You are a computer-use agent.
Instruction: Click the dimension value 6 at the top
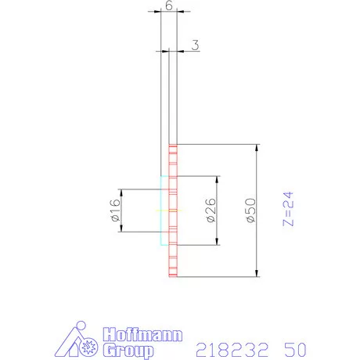169,5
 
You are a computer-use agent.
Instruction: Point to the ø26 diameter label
211,211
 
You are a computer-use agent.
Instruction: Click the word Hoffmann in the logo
144,334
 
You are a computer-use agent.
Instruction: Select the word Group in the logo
128,350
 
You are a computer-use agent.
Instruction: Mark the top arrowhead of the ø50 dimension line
257,148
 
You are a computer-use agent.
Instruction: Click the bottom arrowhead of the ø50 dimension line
257,274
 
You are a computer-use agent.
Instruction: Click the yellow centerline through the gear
168,211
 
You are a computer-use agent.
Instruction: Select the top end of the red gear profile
173,146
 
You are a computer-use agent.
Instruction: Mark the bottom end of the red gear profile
173,276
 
